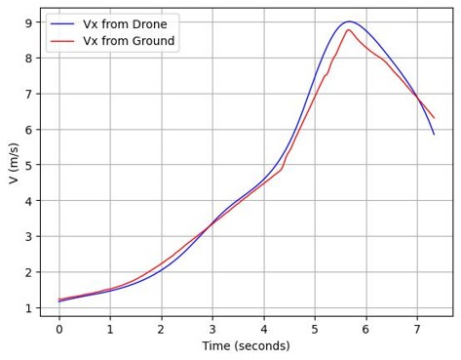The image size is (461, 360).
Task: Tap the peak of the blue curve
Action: coord(375,21)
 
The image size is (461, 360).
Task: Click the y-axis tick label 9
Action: coord(29,22)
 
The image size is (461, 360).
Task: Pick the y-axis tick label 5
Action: coord(29,165)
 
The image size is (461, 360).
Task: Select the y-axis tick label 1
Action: coord(29,307)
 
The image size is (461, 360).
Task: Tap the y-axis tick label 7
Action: coord(29,94)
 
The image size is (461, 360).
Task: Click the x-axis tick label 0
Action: coord(58,329)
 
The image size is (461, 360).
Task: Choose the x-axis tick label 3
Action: coord(212,329)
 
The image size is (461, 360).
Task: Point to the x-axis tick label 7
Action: coord(416,329)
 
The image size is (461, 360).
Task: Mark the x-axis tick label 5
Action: coord(315,329)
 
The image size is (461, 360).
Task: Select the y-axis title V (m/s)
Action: coord(13,164)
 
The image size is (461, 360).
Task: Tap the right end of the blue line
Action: coord(434,134)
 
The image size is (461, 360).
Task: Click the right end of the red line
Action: coord(434,118)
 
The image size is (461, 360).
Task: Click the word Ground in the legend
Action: coord(153,41)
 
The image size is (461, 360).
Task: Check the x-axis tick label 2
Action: coord(161,329)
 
